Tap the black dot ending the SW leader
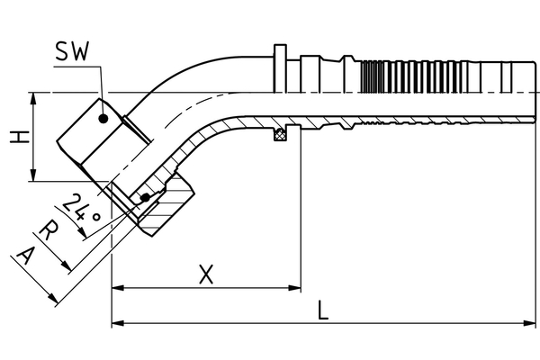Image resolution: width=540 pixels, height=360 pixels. [105, 117]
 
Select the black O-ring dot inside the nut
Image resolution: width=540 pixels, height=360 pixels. [145, 197]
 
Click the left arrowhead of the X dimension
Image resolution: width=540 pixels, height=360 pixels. [117, 289]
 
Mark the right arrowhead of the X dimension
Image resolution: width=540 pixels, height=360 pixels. [294, 289]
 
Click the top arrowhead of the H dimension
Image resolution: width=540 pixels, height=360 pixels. [34, 97]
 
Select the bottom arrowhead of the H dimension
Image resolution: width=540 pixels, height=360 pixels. [34, 177]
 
